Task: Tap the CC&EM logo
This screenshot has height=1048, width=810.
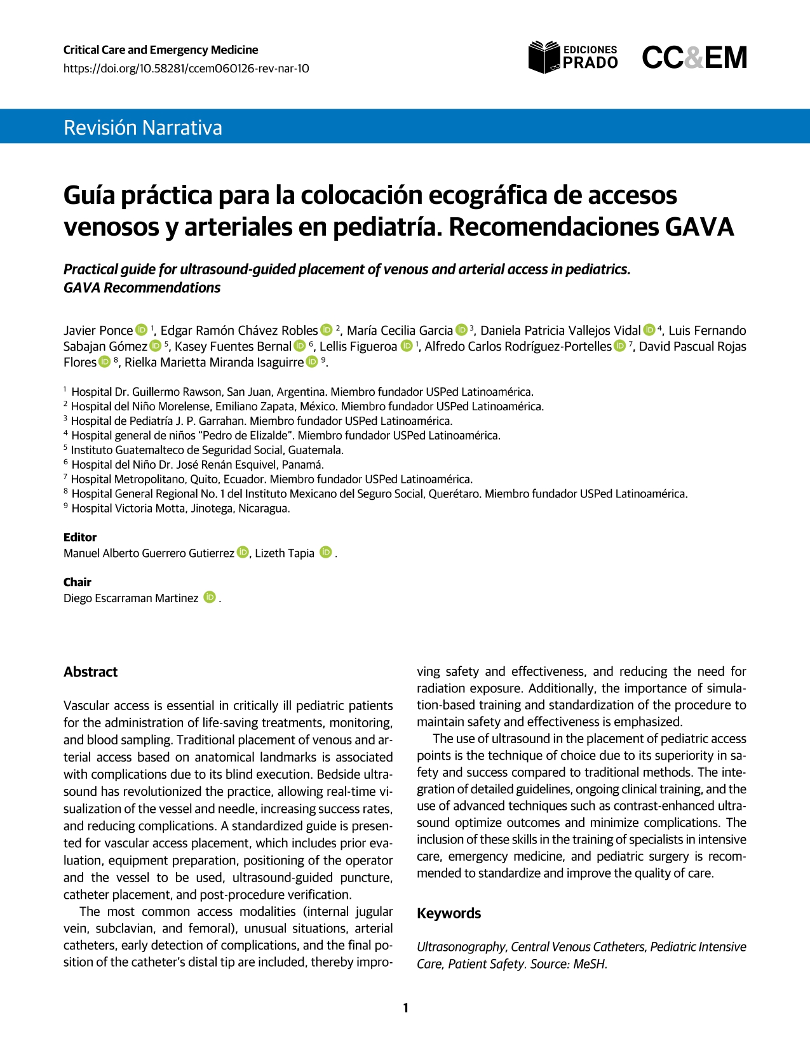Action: click(x=694, y=58)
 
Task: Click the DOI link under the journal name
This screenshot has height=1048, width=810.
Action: click(x=186, y=69)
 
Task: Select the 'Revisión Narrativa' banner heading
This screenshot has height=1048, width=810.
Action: click(x=143, y=128)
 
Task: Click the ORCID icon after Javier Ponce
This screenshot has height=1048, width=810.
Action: click(x=141, y=330)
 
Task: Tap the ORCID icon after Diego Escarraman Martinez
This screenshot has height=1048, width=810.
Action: click(x=210, y=598)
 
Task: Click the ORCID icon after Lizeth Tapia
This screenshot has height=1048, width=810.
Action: click(x=326, y=553)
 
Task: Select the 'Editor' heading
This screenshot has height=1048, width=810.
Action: click(x=80, y=537)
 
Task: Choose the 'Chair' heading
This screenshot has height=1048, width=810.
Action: click(x=78, y=582)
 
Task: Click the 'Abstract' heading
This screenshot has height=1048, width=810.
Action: click(x=91, y=672)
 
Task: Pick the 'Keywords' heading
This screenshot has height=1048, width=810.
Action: click(x=449, y=913)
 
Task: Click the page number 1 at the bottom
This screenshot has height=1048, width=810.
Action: click(x=405, y=1008)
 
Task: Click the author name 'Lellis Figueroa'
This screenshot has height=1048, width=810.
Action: click(x=358, y=347)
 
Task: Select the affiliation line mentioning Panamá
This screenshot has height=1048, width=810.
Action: click(x=197, y=465)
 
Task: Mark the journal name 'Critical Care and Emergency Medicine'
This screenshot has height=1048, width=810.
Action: click(x=161, y=50)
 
